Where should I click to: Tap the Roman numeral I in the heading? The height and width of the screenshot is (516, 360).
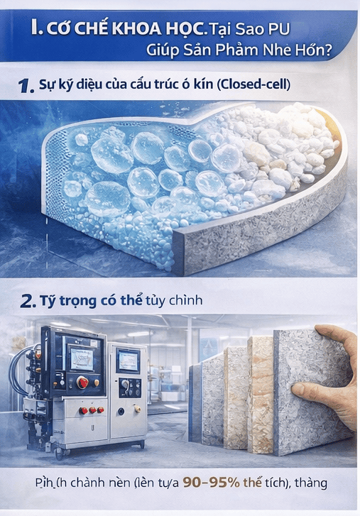(x=36, y=29)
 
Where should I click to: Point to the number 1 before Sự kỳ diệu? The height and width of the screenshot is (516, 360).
(x=26, y=87)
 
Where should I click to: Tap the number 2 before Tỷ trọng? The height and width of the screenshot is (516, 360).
(x=28, y=302)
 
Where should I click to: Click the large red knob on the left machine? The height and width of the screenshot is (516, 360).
(x=83, y=383)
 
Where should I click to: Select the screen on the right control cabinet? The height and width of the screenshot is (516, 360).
(x=129, y=360)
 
